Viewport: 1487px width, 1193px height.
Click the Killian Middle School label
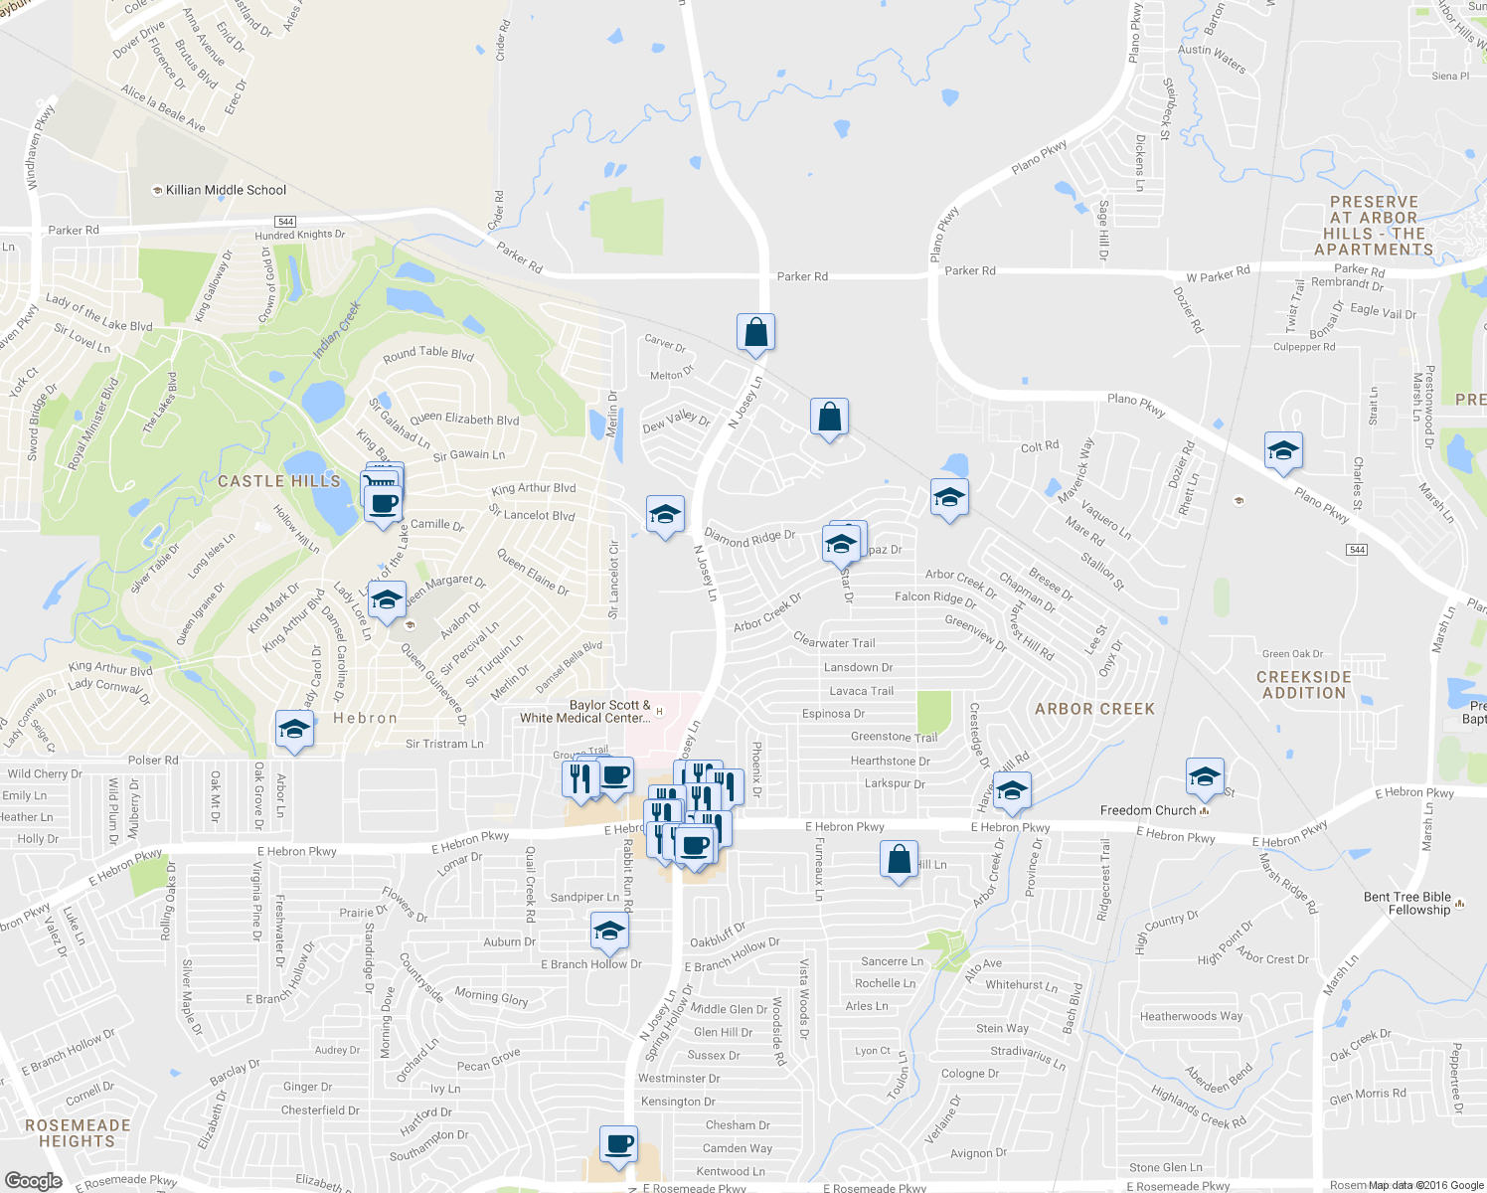[226, 190]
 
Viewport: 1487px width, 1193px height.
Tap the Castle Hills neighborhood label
[279, 481]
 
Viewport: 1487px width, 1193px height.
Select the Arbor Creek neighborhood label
[1094, 709]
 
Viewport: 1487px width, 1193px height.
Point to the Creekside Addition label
[1304, 685]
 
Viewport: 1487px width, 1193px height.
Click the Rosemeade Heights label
[78, 1133]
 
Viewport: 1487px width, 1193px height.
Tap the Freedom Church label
[1148, 810]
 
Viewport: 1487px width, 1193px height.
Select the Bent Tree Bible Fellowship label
[1406, 903]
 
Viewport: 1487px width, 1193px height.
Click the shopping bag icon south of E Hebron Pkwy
[899, 859]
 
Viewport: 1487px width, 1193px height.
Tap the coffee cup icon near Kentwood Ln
[618, 1144]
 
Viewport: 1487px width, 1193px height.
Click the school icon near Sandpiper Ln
[609, 932]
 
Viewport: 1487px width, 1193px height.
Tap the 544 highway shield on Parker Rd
[286, 222]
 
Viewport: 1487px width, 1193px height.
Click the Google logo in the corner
[34, 1180]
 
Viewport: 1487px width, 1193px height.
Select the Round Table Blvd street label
[428, 353]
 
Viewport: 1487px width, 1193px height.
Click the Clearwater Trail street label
[834, 642]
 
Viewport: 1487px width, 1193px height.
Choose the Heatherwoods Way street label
[1191, 1016]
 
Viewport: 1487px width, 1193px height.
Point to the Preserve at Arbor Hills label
[1374, 226]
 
